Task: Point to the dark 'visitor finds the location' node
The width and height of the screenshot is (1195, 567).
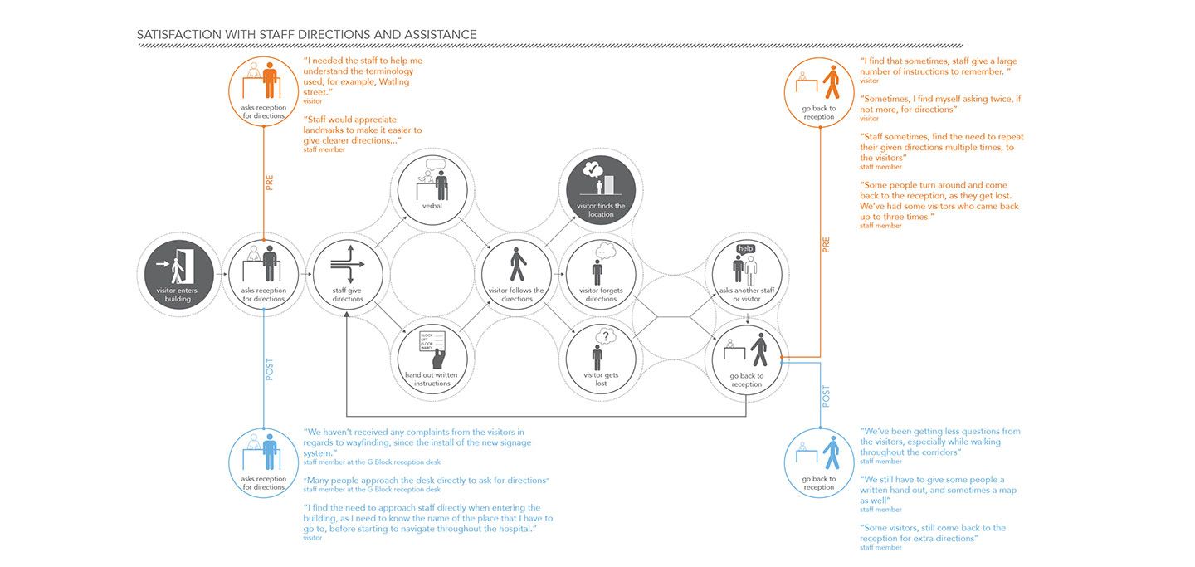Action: [x=601, y=188]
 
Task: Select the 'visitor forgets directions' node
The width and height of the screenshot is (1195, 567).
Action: [x=601, y=275]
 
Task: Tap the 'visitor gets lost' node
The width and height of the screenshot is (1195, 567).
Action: [x=601, y=359]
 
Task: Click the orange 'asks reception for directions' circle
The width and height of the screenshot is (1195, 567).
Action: [x=263, y=91]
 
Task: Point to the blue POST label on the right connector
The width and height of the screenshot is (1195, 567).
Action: [x=826, y=395]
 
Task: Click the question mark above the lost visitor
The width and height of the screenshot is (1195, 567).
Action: [x=607, y=336]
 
